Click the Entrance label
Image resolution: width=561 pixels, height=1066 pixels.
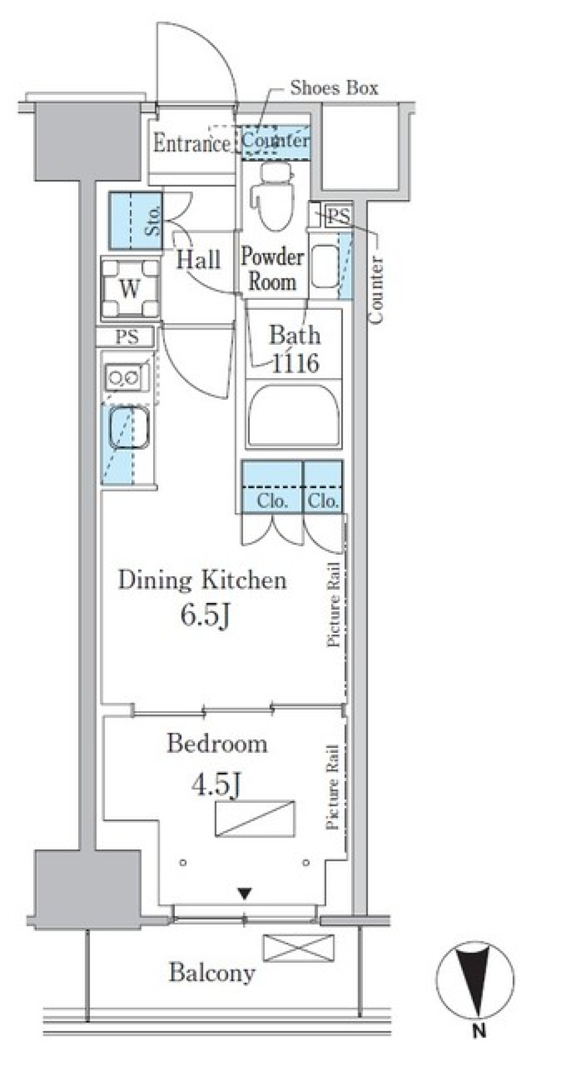pyautogui.click(x=191, y=143)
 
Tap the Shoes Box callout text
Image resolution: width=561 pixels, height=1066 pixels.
pyautogui.click(x=334, y=88)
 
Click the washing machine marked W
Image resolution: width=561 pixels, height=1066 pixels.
pyautogui.click(x=130, y=289)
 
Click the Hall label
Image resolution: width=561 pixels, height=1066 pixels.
pyautogui.click(x=199, y=259)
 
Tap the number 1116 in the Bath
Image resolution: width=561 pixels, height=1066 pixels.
pyautogui.click(x=295, y=364)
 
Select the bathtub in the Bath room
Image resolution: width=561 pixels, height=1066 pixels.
pyautogui.click(x=293, y=416)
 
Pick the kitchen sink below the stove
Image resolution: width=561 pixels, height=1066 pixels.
pyautogui.click(x=130, y=428)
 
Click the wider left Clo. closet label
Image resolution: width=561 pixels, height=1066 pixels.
pyautogui.click(x=272, y=501)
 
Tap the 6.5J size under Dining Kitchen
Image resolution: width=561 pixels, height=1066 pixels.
pyautogui.click(x=204, y=615)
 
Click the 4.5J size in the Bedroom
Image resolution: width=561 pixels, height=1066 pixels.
pyautogui.click(x=216, y=785)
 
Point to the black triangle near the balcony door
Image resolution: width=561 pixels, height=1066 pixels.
pyautogui.click(x=245, y=894)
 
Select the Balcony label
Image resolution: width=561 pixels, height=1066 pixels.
pyautogui.click(x=212, y=973)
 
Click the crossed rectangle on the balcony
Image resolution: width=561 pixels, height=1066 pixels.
pyautogui.click(x=299, y=948)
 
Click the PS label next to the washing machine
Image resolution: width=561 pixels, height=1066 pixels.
pyautogui.click(x=127, y=337)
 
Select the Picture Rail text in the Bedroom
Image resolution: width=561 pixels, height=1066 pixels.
pyautogui.click(x=333, y=787)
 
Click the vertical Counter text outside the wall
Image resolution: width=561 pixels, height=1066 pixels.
pyautogui.click(x=376, y=290)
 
